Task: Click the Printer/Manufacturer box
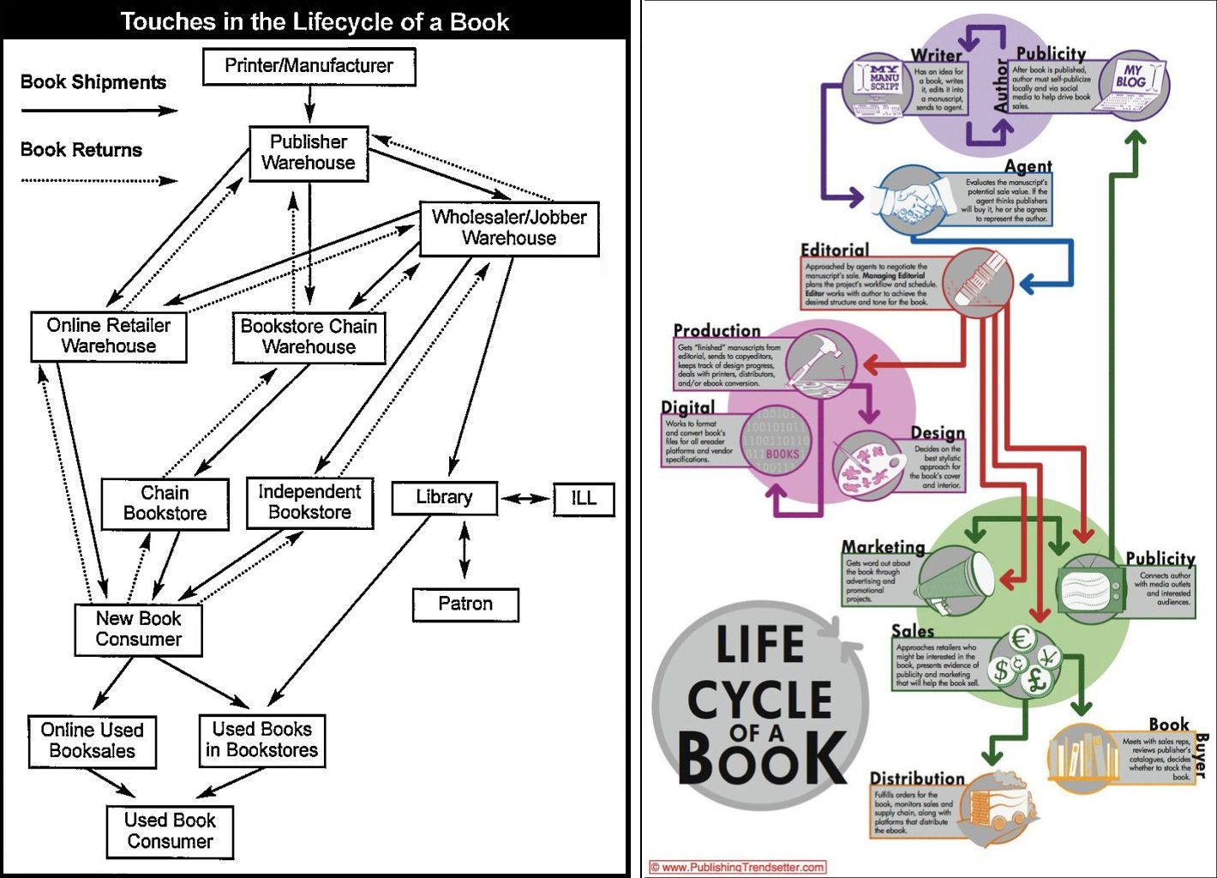coord(309,67)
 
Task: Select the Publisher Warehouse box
coord(309,153)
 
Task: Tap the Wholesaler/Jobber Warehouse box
coord(509,229)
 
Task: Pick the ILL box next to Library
coord(584,499)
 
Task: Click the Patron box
coord(465,604)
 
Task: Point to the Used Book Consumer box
coord(170,831)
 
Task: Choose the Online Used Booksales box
coord(92,741)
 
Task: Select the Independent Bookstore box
coord(309,502)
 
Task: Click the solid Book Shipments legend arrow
coord(99,110)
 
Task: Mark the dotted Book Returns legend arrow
coord(99,180)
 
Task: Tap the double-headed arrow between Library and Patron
coord(465,551)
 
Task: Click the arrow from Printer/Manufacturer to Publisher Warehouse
coord(309,105)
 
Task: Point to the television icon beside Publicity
coord(1089,586)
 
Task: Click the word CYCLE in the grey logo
coord(759,701)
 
